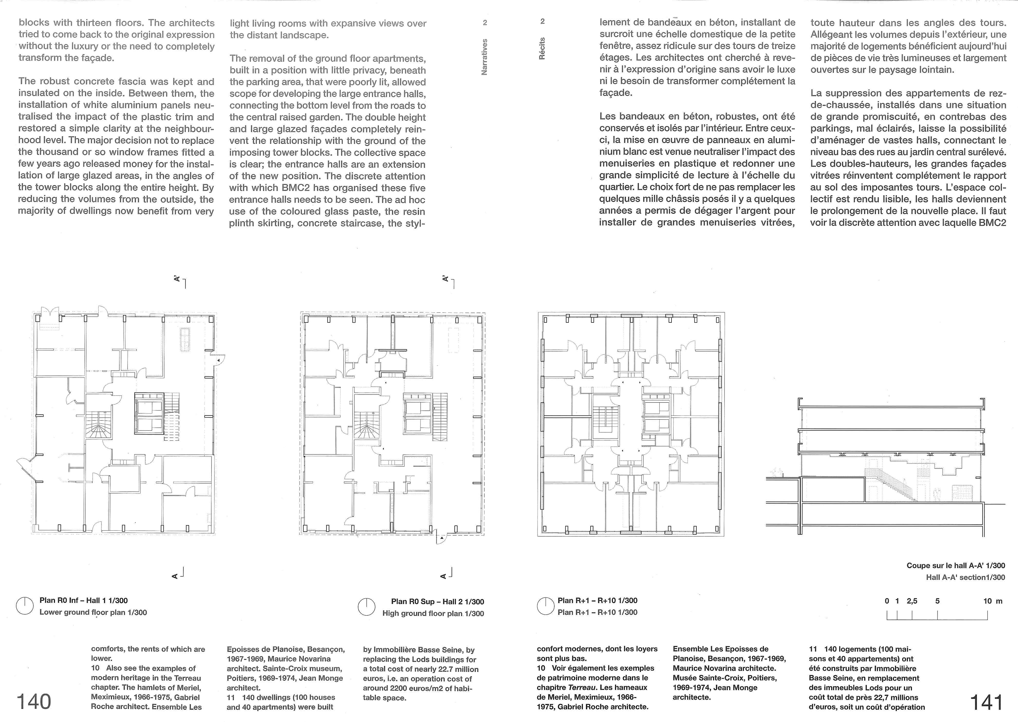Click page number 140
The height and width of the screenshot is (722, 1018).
34,702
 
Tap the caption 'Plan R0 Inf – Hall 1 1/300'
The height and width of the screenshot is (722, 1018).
84,600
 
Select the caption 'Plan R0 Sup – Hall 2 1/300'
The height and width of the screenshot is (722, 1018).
437,602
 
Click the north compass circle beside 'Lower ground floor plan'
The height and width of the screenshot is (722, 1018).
25,606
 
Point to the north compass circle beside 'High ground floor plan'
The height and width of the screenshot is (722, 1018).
366,607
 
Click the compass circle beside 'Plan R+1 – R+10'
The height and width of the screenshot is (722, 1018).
546,606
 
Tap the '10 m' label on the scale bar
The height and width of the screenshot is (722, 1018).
992,601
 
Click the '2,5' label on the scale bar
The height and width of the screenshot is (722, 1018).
912,601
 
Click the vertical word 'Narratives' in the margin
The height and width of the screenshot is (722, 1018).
485,57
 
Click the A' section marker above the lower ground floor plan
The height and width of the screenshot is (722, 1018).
177,279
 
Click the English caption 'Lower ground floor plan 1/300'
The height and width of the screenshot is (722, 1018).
93,612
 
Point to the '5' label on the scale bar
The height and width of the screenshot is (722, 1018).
937,601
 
